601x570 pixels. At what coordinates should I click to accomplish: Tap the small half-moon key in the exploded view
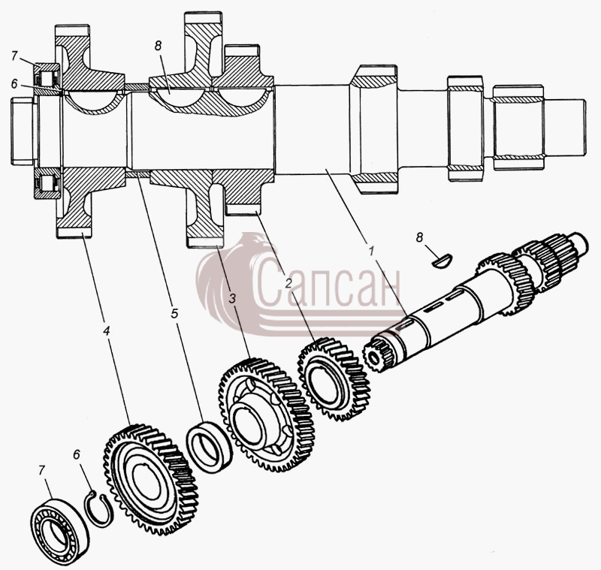point(442,261)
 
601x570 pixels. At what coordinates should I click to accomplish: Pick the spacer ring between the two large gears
point(210,447)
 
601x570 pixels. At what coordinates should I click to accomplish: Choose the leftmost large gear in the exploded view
point(151,479)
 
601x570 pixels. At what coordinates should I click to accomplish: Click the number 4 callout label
point(107,330)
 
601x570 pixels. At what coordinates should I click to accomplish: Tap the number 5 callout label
point(174,313)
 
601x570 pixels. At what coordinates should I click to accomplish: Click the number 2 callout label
point(288,283)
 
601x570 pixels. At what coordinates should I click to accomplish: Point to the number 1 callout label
point(370,251)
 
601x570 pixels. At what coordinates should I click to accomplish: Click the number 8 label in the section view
point(158,46)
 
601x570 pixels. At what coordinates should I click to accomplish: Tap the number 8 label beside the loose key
point(420,237)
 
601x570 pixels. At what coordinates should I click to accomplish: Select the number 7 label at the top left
point(14,56)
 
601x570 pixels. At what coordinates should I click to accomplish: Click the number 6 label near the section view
point(14,84)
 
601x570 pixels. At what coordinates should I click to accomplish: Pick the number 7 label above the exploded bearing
point(41,469)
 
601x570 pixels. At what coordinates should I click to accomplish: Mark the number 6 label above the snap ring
point(77,454)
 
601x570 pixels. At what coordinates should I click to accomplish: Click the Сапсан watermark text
point(327,282)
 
